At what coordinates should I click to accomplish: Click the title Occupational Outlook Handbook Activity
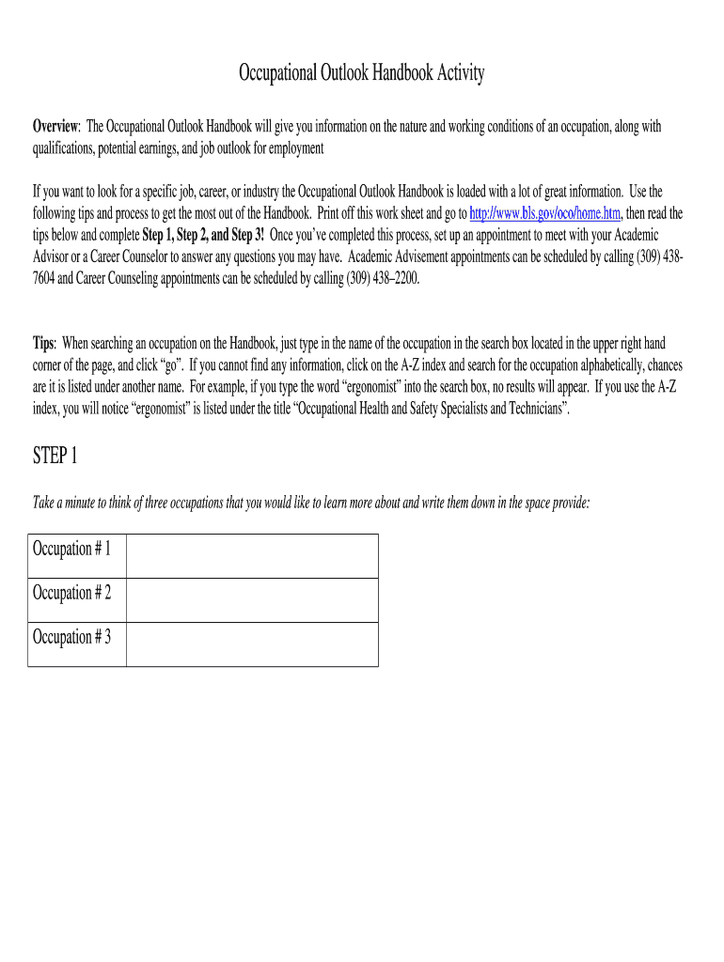(x=361, y=73)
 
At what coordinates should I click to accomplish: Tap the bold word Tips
(x=44, y=344)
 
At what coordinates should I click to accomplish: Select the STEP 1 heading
(x=55, y=457)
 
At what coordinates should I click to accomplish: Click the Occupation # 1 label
(x=72, y=549)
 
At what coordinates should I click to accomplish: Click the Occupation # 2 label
(x=72, y=593)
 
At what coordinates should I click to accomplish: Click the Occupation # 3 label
(x=72, y=637)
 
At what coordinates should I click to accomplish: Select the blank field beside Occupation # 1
(x=252, y=556)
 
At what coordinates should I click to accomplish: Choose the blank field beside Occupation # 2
(x=252, y=600)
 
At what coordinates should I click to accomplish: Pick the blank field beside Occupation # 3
(x=252, y=644)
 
